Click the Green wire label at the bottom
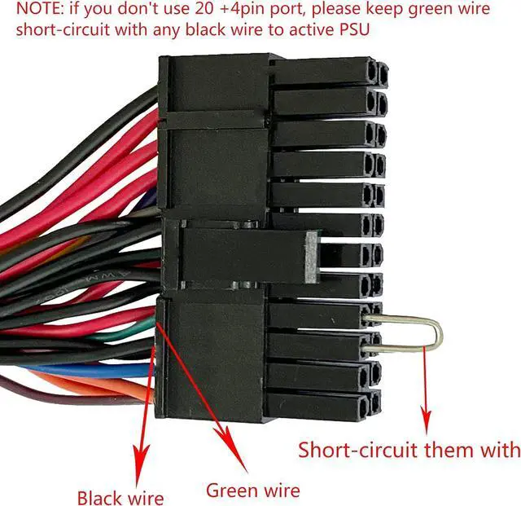pyautogui.click(x=252, y=490)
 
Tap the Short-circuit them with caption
pyautogui.click(x=407, y=449)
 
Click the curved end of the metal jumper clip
pyautogui.click(x=439, y=335)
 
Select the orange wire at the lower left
pyautogui.click(x=98, y=383)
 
